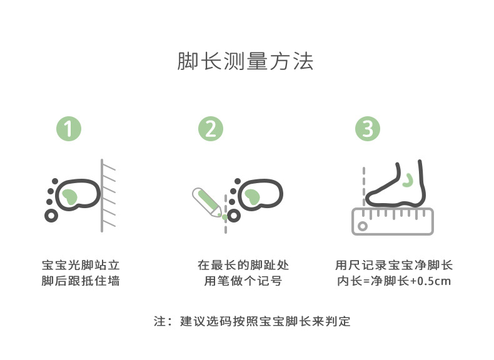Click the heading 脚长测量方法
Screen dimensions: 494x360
pyautogui.click(x=246, y=62)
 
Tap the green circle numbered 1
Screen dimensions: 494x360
pyautogui.click(x=69, y=129)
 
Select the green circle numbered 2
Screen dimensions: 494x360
pyautogui.click(x=211, y=129)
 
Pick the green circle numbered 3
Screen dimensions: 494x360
pyautogui.click(x=368, y=129)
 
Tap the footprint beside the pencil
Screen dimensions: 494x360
pyautogui.click(x=259, y=195)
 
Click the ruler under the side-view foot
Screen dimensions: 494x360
pyautogui.click(x=393, y=221)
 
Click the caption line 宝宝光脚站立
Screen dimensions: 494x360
pyautogui.click(x=81, y=265)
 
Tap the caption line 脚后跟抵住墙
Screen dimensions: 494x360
pyautogui.click(x=81, y=281)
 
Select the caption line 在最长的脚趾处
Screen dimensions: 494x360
pyautogui.click(x=243, y=265)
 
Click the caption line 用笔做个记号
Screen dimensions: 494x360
pyautogui.click(x=243, y=281)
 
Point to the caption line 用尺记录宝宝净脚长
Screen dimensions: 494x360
pyautogui.click(x=394, y=265)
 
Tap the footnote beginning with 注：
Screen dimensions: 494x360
pyautogui.click(x=252, y=322)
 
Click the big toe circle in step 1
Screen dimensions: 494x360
pyautogui.click(x=51, y=215)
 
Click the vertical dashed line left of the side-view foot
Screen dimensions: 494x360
pyautogui.click(x=364, y=184)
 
